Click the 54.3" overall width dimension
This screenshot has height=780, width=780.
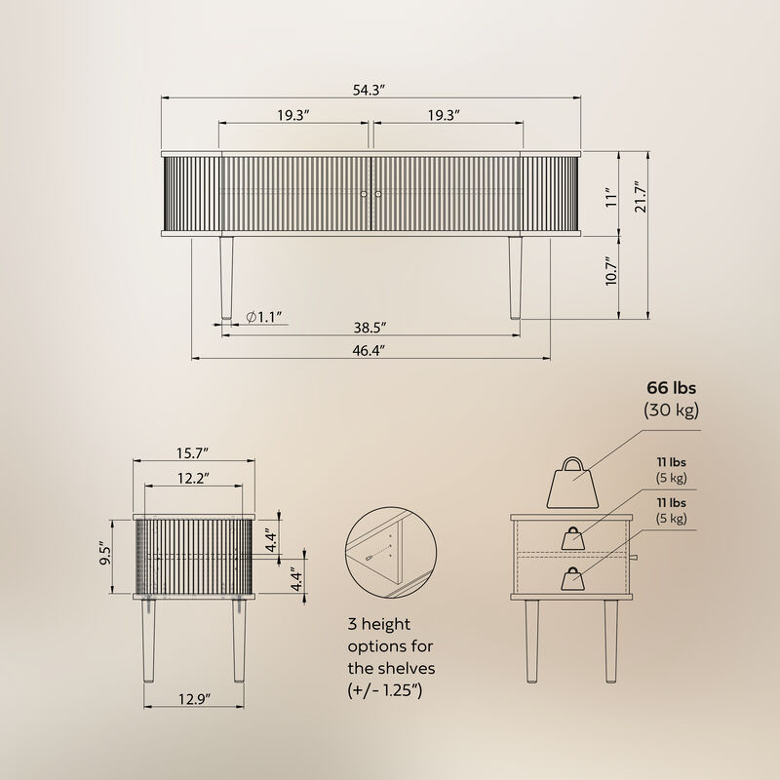[x=370, y=90]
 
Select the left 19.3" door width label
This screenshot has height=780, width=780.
[x=292, y=115]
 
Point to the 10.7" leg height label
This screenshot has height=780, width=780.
[x=609, y=271]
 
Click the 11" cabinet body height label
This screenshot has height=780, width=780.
[x=609, y=198]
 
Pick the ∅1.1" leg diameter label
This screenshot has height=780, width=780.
[x=263, y=317]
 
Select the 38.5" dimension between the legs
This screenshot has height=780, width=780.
[x=370, y=327]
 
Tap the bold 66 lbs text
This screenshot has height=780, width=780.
[x=670, y=388]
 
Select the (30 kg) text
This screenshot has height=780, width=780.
[x=670, y=409]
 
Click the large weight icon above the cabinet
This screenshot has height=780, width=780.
[x=575, y=485]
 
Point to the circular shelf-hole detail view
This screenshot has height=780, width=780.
[x=388, y=554]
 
